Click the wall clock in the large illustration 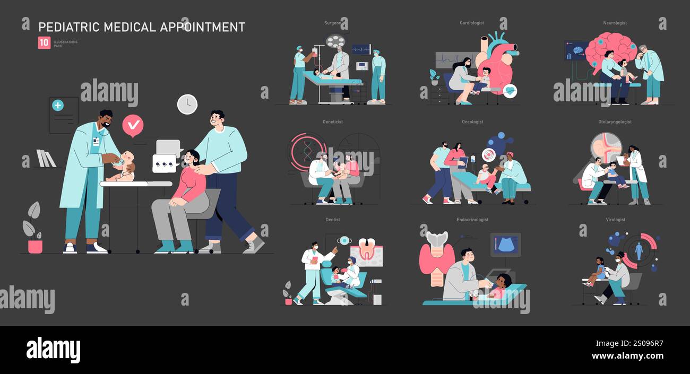187,105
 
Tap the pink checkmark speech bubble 133,125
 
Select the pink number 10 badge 44,43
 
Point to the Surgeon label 332,23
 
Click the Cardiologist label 471,23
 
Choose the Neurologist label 615,23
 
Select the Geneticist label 333,122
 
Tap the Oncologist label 472,122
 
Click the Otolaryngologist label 615,122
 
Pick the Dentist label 332,220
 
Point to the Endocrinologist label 472,220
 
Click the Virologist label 615,220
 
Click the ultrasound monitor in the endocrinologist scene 505,245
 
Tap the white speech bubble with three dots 163,163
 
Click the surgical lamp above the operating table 335,41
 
